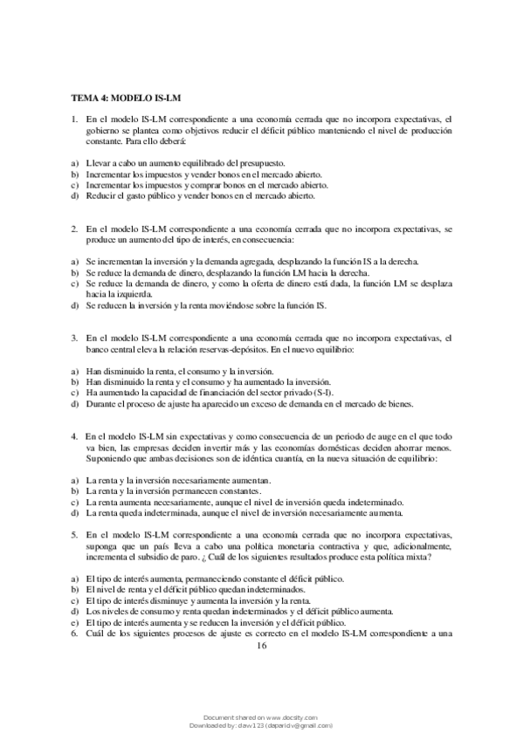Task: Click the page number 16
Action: pos(261,647)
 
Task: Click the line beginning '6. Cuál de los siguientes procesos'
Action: pos(262,633)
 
